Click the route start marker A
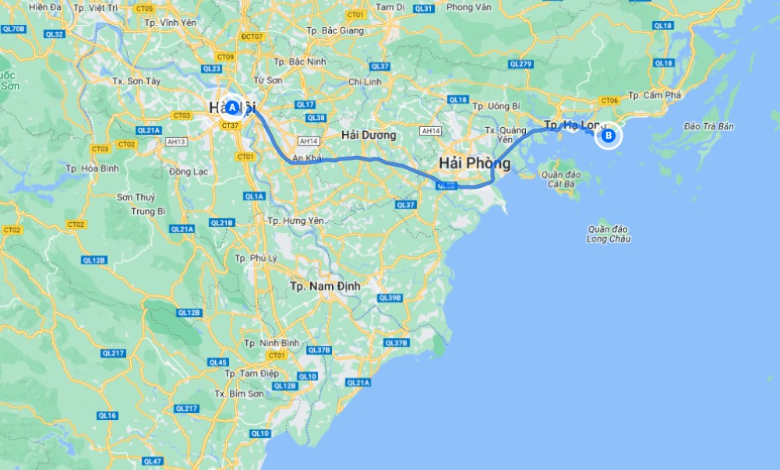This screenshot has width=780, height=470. (x=231, y=108)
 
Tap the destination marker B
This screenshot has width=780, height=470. (x=609, y=136)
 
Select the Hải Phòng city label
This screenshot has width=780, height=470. (x=475, y=164)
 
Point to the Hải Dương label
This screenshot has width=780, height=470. (x=369, y=136)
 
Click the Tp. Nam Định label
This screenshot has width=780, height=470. (x=325, y=286)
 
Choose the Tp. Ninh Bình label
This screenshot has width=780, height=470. (x=271, y=343)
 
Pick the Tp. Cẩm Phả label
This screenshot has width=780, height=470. (x=655, y=95)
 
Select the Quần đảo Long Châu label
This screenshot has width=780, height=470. (x=609, y=233)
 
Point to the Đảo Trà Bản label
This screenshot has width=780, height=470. (x=708, y=126)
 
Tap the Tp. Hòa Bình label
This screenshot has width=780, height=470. (x=91, y=168)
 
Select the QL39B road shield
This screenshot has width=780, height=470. (x=389, y=298)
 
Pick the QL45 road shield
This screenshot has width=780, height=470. (x=218, y=362)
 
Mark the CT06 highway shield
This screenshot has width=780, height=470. (x=609, y=101)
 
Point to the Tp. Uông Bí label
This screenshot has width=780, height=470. (x=496, y=106)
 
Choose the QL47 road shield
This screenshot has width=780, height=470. (x=154, y=462)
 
